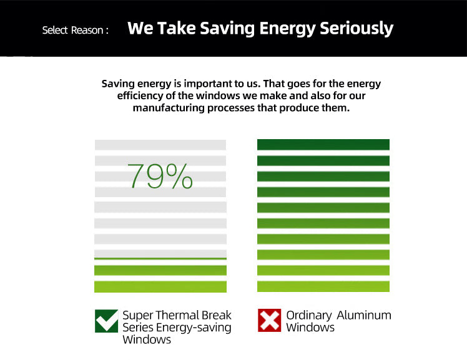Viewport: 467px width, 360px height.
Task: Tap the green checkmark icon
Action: (x=106, y=321)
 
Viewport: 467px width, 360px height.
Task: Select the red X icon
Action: (x=270, y=321)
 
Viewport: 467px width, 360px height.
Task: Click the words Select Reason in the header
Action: (x=75, y=30)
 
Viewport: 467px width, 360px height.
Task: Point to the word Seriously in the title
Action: (x=356, y=29)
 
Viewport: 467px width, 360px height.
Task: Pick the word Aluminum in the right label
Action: (x=364, y=315)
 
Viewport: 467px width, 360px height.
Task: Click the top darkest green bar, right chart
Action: (x=323, y=145)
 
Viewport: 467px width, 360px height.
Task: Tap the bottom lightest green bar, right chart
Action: (x=323, y=286)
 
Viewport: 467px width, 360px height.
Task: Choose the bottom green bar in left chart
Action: (x=160, y=286)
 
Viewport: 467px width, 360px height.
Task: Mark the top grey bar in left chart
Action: (x=160, y=145)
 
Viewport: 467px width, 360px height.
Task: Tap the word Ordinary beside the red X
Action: (x=308, y=315)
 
